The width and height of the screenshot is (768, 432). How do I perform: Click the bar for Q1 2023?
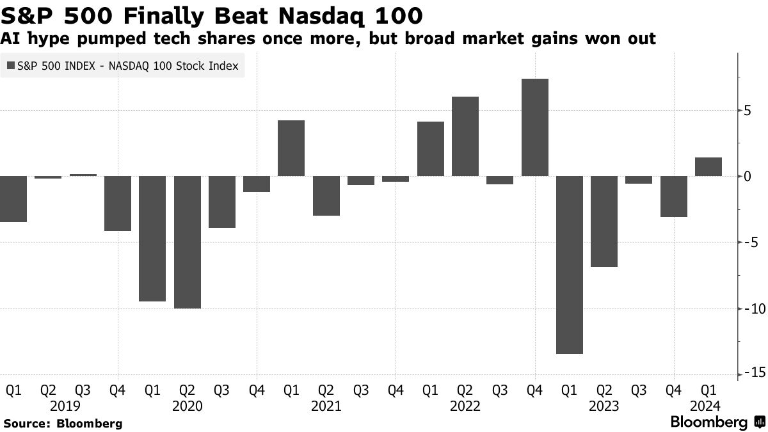(569, 264)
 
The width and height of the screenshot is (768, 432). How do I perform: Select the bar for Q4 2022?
(534, 127)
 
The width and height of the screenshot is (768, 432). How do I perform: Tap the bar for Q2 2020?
(188, 242)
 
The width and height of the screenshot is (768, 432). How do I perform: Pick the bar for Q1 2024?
(708, 166)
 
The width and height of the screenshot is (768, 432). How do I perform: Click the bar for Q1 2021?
(291, 148)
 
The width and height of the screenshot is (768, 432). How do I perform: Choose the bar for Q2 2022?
(465, 136)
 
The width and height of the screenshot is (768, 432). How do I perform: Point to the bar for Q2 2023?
(604, 221)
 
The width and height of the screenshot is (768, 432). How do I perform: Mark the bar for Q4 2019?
(118, 203)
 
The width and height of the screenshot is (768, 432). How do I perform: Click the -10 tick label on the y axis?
(750, 308)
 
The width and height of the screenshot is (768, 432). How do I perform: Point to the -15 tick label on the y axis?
(750, 374)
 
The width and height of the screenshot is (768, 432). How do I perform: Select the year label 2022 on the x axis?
(465, 406)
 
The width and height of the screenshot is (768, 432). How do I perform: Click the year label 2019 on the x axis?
(65, 406)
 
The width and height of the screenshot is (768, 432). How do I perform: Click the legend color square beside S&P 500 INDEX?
(10, 65)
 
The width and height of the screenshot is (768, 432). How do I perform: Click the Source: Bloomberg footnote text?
(63, 423)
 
